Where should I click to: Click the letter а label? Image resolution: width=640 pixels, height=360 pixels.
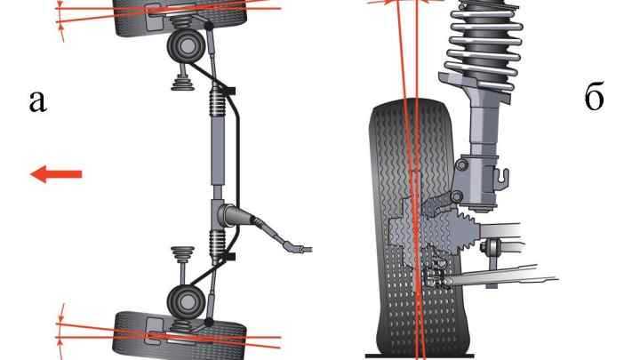(37, 101)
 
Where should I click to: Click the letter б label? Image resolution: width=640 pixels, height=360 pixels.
(594, 97)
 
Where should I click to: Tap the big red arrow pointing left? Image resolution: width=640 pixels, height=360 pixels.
(56, 174)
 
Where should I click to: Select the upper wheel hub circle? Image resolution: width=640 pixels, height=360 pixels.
(186, 46)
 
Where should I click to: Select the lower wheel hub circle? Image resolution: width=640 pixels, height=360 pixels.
(186, 302)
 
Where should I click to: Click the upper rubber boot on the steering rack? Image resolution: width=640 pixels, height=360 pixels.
(217, 102)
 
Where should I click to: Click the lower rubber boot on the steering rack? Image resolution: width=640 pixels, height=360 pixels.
(217, 244)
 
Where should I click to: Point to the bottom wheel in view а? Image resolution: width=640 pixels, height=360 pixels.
(180, 335)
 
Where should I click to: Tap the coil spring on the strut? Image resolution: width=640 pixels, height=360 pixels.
(484, 45)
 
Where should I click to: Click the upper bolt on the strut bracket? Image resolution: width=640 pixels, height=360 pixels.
(461, 165)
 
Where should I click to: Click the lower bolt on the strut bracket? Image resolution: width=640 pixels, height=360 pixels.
(457, 196)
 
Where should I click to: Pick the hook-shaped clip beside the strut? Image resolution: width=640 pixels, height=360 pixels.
(503, 179)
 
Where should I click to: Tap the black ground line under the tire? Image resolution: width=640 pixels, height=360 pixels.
(420, 356)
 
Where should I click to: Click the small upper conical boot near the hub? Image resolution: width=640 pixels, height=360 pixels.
(182, 82)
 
